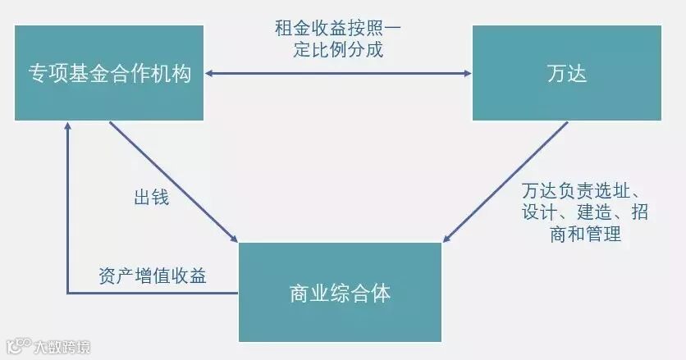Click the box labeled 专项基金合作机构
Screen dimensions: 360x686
pyautogui.click(x=110, y=73)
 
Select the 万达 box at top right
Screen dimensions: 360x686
pyautogui.click(x=567, y=73)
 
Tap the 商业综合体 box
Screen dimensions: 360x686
pyautogui.click(x=340, y=292)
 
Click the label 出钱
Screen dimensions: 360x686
pyautogui.click(x=151, y=198)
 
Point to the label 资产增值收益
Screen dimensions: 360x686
pyautogui.click(x=152, y=276)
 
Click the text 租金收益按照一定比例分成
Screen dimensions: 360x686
pyautogui.click(x=339, y=39)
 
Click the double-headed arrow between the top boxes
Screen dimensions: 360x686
pyautogui.click(x=339, y=74)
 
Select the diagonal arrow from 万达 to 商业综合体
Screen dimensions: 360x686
pyautogui.click(x=506, y=182)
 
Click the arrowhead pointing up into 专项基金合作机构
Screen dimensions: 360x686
pyautogui.click(x=67, y=126)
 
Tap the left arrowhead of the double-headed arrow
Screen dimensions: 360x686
pyautogui.click(x=210, y=74)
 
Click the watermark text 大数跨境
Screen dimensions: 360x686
pyautogui.click(x=62, y=347)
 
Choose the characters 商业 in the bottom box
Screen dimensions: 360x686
pyautogui.click(x=306, y=293)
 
